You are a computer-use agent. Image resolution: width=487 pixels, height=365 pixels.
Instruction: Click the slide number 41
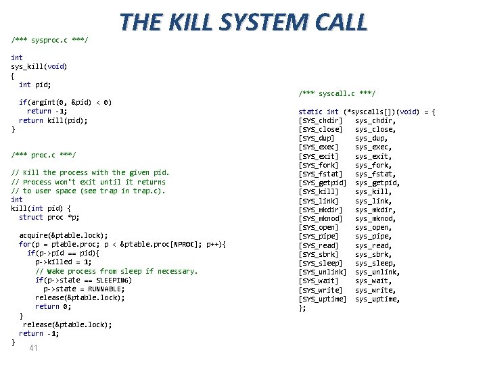point(33,348)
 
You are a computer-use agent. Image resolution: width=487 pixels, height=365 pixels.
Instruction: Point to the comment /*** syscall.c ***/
point(337,93)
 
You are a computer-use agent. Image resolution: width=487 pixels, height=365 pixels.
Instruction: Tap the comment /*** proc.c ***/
point(43,155)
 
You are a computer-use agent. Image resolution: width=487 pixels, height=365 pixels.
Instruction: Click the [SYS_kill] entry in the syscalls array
point(319,191)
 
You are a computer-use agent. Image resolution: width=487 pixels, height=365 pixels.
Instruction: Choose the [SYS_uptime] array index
point(322,299)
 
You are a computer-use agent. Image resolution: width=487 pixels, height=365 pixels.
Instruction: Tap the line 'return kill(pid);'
point(53,120)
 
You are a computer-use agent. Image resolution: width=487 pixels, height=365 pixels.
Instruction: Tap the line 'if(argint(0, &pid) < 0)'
point(65,103)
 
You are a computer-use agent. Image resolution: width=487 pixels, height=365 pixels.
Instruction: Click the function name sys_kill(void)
point(39,67)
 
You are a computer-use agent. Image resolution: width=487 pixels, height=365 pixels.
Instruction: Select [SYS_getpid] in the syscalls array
point(322,182)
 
